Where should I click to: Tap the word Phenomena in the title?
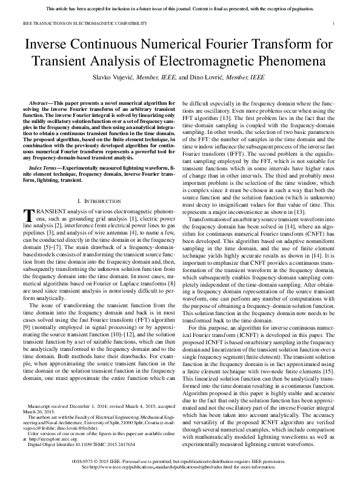point(284,63)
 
